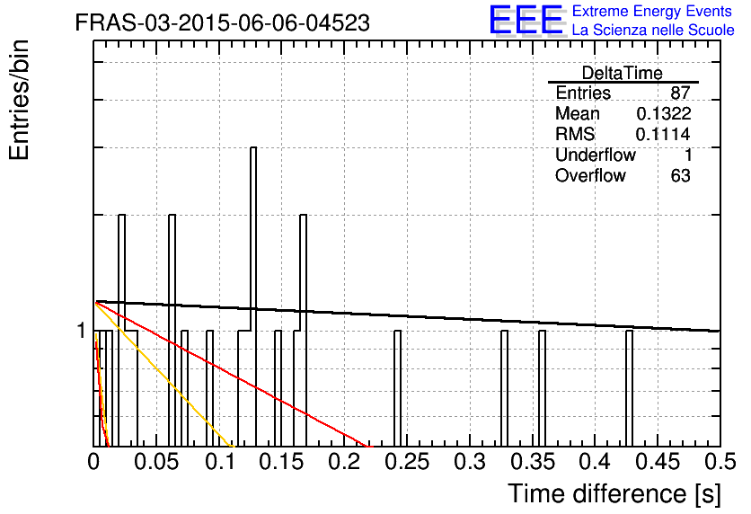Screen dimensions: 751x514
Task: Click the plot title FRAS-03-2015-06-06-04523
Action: pos(222,22)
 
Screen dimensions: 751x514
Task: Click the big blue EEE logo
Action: pos(526,20)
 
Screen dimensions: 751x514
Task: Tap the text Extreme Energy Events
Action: pos(651,11)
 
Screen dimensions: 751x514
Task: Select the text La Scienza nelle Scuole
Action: pos(653,30)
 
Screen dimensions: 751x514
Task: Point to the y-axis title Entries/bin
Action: pos(19,100)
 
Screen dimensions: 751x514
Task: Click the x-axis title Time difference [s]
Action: pos(614,493)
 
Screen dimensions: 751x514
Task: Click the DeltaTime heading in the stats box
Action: pos(623,73)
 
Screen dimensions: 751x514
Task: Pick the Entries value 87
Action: pos(680,93)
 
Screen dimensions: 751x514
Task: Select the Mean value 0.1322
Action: pos(663,113)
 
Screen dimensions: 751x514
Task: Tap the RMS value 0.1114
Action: pos(663,134)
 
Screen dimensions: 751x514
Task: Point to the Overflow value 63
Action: pos(681,175)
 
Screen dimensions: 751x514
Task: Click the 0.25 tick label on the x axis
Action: pos(407,462)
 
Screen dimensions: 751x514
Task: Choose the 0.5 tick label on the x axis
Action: pos(720,462)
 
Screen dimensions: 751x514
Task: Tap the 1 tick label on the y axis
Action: pos(82,331)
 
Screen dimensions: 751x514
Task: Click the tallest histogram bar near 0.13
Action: pos(253,297)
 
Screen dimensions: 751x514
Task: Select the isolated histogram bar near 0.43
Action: pos(629,388)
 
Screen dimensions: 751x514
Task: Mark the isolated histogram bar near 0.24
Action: pos(397,388)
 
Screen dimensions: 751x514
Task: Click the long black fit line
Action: pos(407,316)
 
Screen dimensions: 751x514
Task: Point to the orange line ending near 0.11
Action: pos(164,375)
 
